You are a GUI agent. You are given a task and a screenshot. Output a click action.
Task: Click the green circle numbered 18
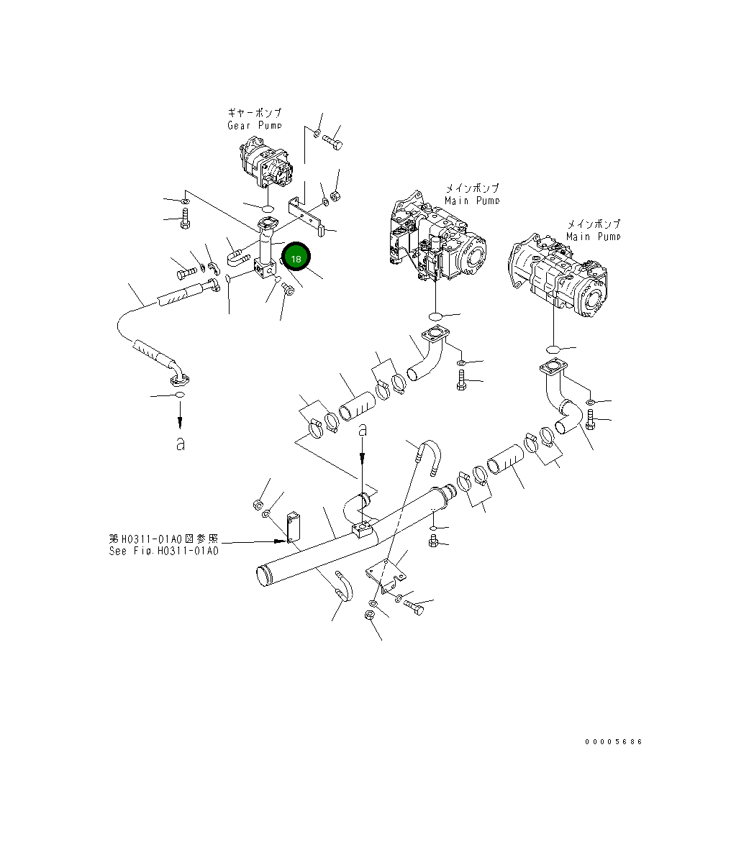coord(296,257)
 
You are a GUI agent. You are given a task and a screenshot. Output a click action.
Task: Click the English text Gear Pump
coord(254,125)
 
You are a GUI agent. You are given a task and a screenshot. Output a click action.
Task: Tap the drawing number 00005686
coord(613,741)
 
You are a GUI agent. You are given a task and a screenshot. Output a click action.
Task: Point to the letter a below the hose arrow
coord(180,444)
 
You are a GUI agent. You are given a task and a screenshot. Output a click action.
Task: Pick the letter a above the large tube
coord(363,430)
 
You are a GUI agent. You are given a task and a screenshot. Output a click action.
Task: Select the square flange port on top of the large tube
coord(362,531)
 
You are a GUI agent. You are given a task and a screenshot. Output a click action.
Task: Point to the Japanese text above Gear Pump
coord(254,113)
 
